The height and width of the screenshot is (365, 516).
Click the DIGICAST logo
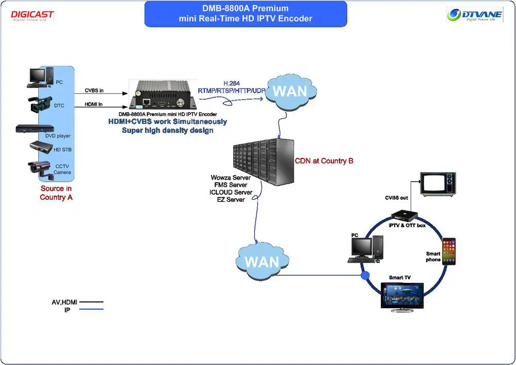(32, 15)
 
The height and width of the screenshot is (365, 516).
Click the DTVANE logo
(474, 14)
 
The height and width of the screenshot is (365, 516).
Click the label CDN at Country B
(324, 161)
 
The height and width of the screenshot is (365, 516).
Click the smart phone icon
(448, 252)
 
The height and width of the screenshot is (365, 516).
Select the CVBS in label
(94, 90)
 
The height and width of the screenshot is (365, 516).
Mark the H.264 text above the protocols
(232, 83)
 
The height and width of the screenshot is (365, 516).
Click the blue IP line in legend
(90, 309)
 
